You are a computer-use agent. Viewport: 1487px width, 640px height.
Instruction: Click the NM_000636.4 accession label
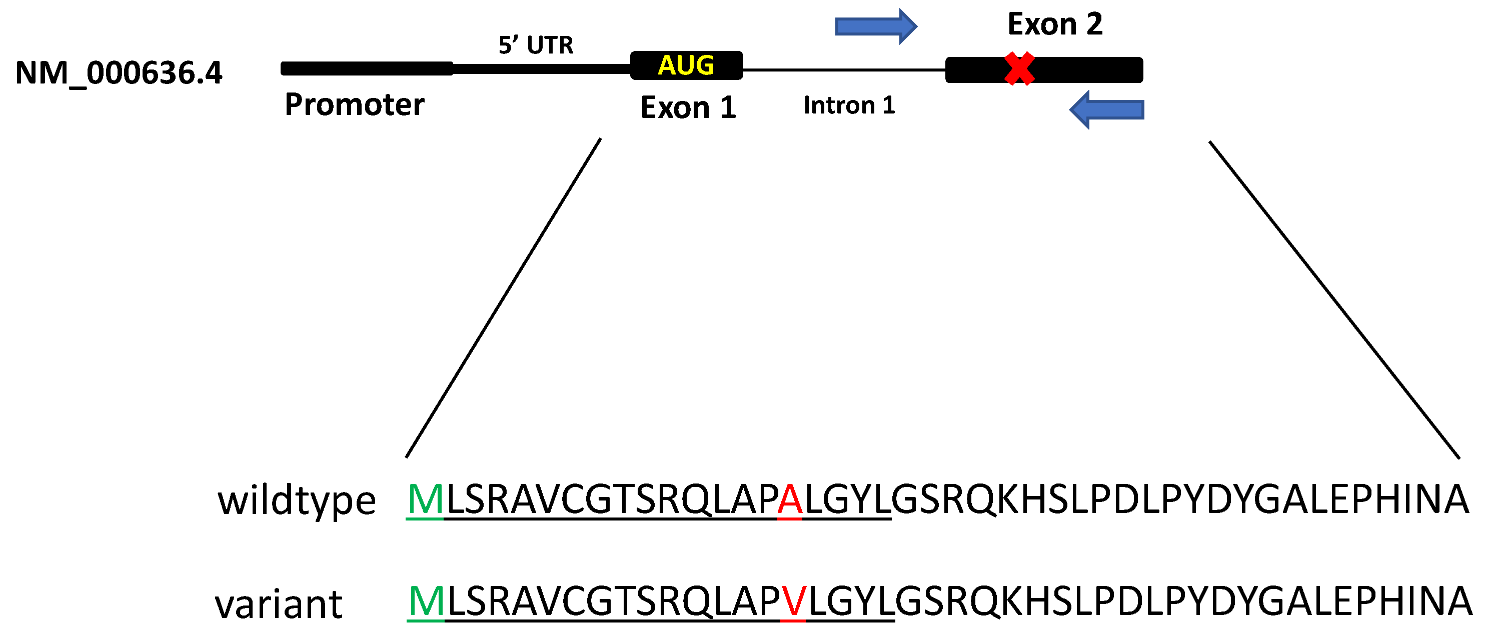119,73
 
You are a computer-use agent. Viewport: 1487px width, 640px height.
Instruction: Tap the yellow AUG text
686,65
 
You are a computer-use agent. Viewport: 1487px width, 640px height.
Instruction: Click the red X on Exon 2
1019,68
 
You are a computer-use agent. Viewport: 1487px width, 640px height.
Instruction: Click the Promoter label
355,104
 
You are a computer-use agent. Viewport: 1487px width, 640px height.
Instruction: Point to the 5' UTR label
536,45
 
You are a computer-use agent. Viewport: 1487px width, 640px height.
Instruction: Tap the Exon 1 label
688,108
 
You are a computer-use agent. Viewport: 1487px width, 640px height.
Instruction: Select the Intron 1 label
849,105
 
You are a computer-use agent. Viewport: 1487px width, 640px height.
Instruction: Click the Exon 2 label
1055,24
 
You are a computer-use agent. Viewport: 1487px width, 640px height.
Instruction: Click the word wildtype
297,500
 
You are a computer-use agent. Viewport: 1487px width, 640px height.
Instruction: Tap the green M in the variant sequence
426,601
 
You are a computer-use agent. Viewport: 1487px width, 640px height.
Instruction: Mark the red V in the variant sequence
793,601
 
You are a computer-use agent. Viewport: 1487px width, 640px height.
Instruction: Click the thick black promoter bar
367,68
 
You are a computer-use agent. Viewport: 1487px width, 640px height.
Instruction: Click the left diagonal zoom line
503,298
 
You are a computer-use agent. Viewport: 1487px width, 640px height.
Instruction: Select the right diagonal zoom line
1333,299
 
